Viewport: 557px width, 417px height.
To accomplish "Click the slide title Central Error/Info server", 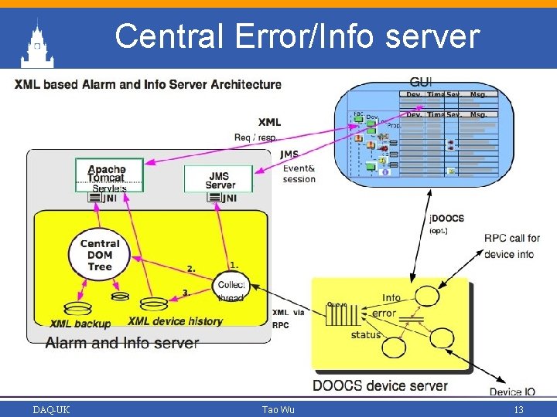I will (x=297, y=36).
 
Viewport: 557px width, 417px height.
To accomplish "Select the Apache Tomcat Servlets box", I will (x=106, y=175).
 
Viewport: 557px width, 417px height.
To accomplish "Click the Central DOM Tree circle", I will (x=100, y=255).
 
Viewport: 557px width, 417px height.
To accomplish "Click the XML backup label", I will (x=80, y=324).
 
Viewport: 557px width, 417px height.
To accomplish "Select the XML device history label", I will (x=175, y=321).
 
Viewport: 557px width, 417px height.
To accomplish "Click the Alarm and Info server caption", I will (x=122, y=344).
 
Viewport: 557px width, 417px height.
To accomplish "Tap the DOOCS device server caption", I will (x=380, y=385).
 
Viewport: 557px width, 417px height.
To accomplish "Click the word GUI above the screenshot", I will (x=421, y=82).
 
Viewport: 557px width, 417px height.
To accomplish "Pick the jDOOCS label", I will (x=447, y=219).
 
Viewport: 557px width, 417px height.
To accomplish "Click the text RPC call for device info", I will (x=511, y=246).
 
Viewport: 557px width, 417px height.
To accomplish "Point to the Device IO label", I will (x=516, y=392).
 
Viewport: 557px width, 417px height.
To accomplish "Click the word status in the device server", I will (x=366, y=334).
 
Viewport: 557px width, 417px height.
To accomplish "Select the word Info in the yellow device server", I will (x=391, y=298).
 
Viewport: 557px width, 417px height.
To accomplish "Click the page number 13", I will (x=518, y=409).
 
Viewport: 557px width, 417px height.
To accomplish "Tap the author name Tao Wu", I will (x=278, y=409).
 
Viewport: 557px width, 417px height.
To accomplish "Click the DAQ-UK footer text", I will (x=51, y=409).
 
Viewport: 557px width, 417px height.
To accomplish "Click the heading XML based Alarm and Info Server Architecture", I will (x=148, y=84).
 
